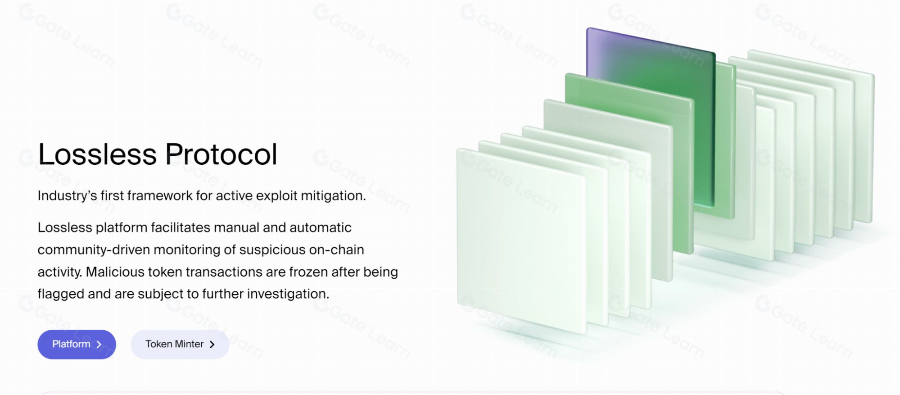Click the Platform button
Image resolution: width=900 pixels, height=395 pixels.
click(77, 345)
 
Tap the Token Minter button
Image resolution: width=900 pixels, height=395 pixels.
click(180, 345)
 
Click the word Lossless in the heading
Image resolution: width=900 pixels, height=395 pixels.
click(97, 154)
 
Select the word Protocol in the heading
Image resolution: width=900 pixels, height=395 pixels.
click(221, 154)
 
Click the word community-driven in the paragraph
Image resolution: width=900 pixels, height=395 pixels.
click(94, 250)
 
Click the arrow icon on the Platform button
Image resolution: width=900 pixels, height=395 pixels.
click(99, 345)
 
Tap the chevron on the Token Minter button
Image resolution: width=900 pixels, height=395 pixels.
click(212, 345)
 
